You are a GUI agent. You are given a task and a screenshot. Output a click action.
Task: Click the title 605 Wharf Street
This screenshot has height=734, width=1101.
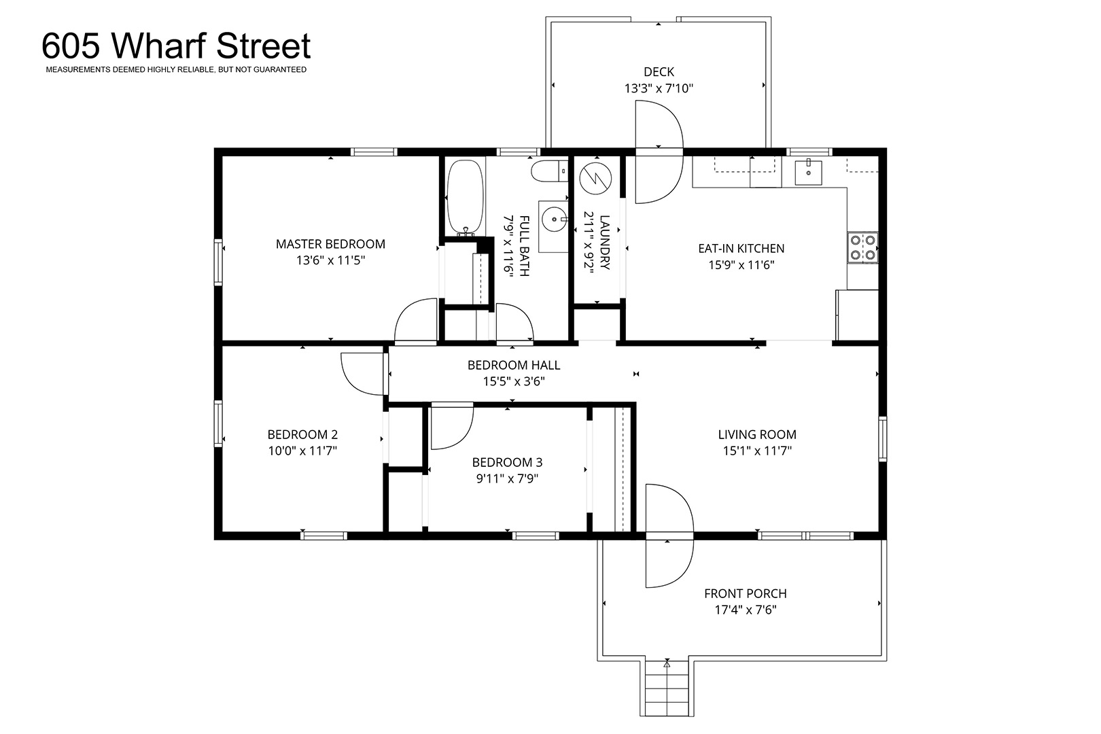point(176,46)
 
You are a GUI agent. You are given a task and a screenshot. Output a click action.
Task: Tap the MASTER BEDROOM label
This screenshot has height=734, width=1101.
point(330,244)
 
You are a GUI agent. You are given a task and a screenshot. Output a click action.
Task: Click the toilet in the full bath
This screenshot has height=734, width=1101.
point(550,171)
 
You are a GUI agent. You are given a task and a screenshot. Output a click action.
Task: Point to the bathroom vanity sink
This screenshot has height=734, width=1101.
point(555,220)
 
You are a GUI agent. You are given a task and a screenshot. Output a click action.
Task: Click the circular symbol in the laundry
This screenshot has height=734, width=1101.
point(595,177)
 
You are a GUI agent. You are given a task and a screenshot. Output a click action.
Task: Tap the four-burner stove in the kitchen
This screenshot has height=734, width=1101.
point(862,247)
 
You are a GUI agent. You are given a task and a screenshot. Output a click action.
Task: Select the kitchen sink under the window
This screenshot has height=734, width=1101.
point(808,171)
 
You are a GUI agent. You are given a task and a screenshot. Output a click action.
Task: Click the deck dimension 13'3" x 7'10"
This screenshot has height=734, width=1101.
point(659,88)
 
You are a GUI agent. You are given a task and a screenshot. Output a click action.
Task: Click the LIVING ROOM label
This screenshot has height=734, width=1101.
point(757,434)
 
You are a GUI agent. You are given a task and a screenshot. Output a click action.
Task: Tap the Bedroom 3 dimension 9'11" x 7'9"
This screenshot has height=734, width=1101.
point(507,478)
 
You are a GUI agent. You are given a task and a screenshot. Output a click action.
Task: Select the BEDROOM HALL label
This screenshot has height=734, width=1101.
point(514,365)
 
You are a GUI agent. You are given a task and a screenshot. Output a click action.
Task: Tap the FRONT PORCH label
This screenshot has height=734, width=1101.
point(745,594)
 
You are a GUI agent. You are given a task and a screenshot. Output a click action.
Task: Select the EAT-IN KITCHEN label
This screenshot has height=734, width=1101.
point(741,249)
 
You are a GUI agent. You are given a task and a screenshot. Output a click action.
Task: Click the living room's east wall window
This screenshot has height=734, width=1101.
point(882,439)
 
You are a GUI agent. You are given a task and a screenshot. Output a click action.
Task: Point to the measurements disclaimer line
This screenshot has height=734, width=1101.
point(176,70)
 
